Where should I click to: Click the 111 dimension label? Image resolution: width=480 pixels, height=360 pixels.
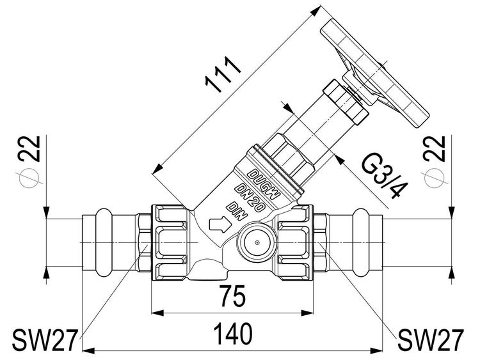click(x=223, y=75)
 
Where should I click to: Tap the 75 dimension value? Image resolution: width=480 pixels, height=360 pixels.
click(x=233, y=296)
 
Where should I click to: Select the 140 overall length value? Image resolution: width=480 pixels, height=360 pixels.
click(x=233, y=334)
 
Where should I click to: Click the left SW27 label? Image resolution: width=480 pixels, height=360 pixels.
click(x=44, y=340)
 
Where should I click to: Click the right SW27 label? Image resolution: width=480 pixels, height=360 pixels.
click(x=431, y=340)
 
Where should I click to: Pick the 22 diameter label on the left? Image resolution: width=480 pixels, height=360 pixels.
click(x=29, y=148)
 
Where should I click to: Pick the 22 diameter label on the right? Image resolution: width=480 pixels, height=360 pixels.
click(x=434, y=148)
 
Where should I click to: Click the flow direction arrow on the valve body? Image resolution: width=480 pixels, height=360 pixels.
click(x=220, y=225)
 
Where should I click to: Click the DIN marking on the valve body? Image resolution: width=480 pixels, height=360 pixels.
click(x=236, y=211)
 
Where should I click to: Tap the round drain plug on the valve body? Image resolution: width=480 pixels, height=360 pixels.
click(x=257, y=242)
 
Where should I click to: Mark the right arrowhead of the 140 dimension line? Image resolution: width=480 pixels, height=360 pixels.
click(x=376, y=350)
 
